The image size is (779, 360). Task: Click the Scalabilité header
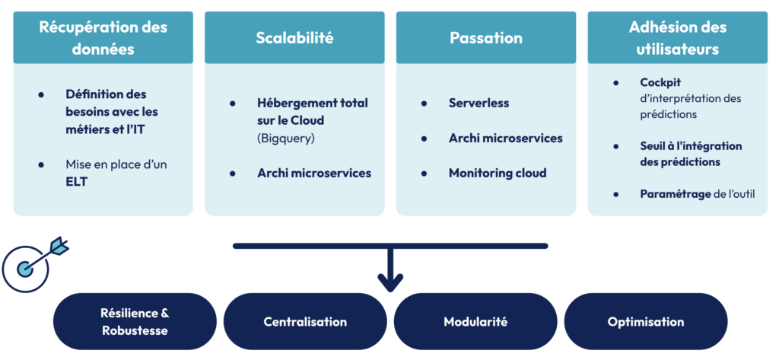coord(294,38)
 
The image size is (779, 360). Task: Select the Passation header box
coord(486,38)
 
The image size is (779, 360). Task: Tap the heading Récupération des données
coord(103,38)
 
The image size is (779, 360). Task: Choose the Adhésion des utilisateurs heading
coord(677,38)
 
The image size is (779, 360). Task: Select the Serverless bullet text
coord(479,103)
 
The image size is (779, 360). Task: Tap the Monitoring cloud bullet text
coord(497,173)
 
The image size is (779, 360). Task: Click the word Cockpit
coord(661,82)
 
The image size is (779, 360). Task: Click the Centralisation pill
coord(305,322)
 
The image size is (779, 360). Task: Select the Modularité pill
coord(475,322)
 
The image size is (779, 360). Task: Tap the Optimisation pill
coord(646,322)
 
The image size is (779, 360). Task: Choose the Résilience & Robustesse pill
coord(135,322)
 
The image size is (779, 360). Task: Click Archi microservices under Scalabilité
coord(314,173)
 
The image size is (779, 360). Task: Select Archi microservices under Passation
coord(505,138)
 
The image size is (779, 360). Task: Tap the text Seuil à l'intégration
coord(691,145)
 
